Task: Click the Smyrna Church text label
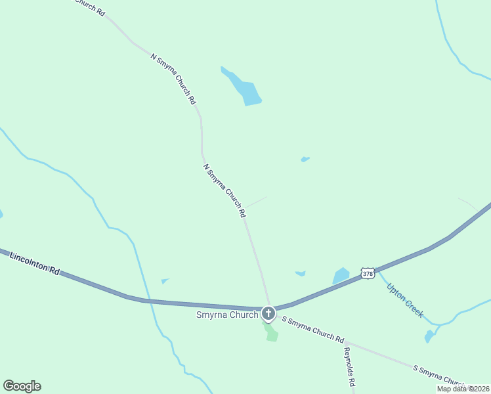227,315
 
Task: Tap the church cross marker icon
268,313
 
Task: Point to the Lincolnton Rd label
35,263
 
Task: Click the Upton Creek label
405,300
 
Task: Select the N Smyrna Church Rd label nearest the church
224,190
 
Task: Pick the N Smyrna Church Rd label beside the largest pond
173,79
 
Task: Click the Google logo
22,386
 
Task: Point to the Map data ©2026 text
463,389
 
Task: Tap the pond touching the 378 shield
341,275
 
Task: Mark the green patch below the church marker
270,332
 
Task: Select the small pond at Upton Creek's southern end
429,336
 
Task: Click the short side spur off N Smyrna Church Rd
256,202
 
